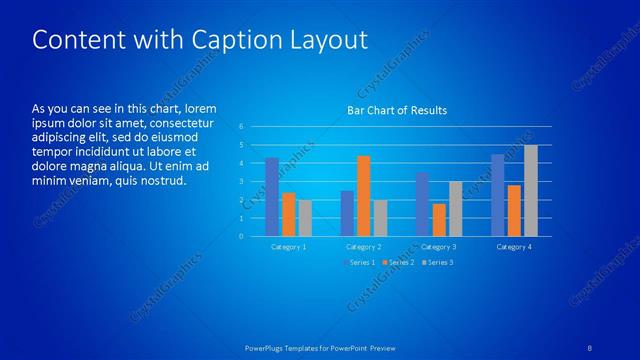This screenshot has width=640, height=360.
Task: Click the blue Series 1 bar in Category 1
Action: point(272,197)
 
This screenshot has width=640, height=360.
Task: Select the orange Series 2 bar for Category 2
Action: point(363,196)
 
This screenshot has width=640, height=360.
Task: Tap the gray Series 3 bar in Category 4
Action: point(531,190)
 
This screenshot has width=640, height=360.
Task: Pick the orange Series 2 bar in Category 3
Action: point(439,220)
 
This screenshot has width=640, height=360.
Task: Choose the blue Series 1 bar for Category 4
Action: point(498,195)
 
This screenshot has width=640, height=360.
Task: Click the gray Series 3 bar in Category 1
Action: point(305,218)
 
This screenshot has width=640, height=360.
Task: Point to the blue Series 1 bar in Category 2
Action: point(347,213)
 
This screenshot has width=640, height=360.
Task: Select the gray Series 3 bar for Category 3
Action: point(455,208)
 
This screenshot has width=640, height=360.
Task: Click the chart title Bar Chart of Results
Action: point(397,110)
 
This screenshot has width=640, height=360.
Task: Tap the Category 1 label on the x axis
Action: point(289,246)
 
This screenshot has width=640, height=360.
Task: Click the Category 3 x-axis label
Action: point(439,246)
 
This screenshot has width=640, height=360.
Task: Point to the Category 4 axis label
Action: point(515,246)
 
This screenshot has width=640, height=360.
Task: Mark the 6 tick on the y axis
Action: point(241,127)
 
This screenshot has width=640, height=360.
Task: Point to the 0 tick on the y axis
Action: point(241,236)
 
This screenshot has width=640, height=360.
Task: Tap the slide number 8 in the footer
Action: point(591,347)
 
